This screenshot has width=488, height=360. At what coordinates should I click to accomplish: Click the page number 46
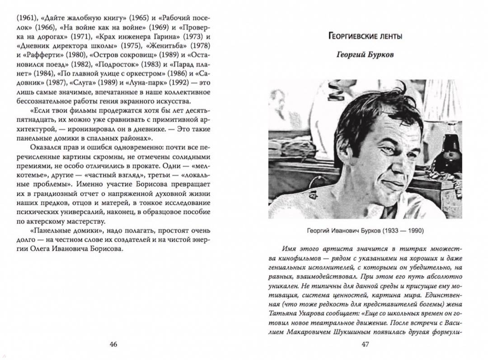pyautogui.click(x=113, y=345)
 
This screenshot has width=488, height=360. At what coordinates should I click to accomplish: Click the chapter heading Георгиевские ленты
pyautogui.click(x=366, y=36)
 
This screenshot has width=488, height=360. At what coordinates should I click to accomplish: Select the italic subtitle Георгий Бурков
pyautogui.click(x=365, y=55)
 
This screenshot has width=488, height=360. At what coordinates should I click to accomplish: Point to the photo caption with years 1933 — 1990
pyautogui.click(x=365, y=230)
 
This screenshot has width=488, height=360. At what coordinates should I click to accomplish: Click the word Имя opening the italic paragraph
pyautogui.click(x=289, y=248)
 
